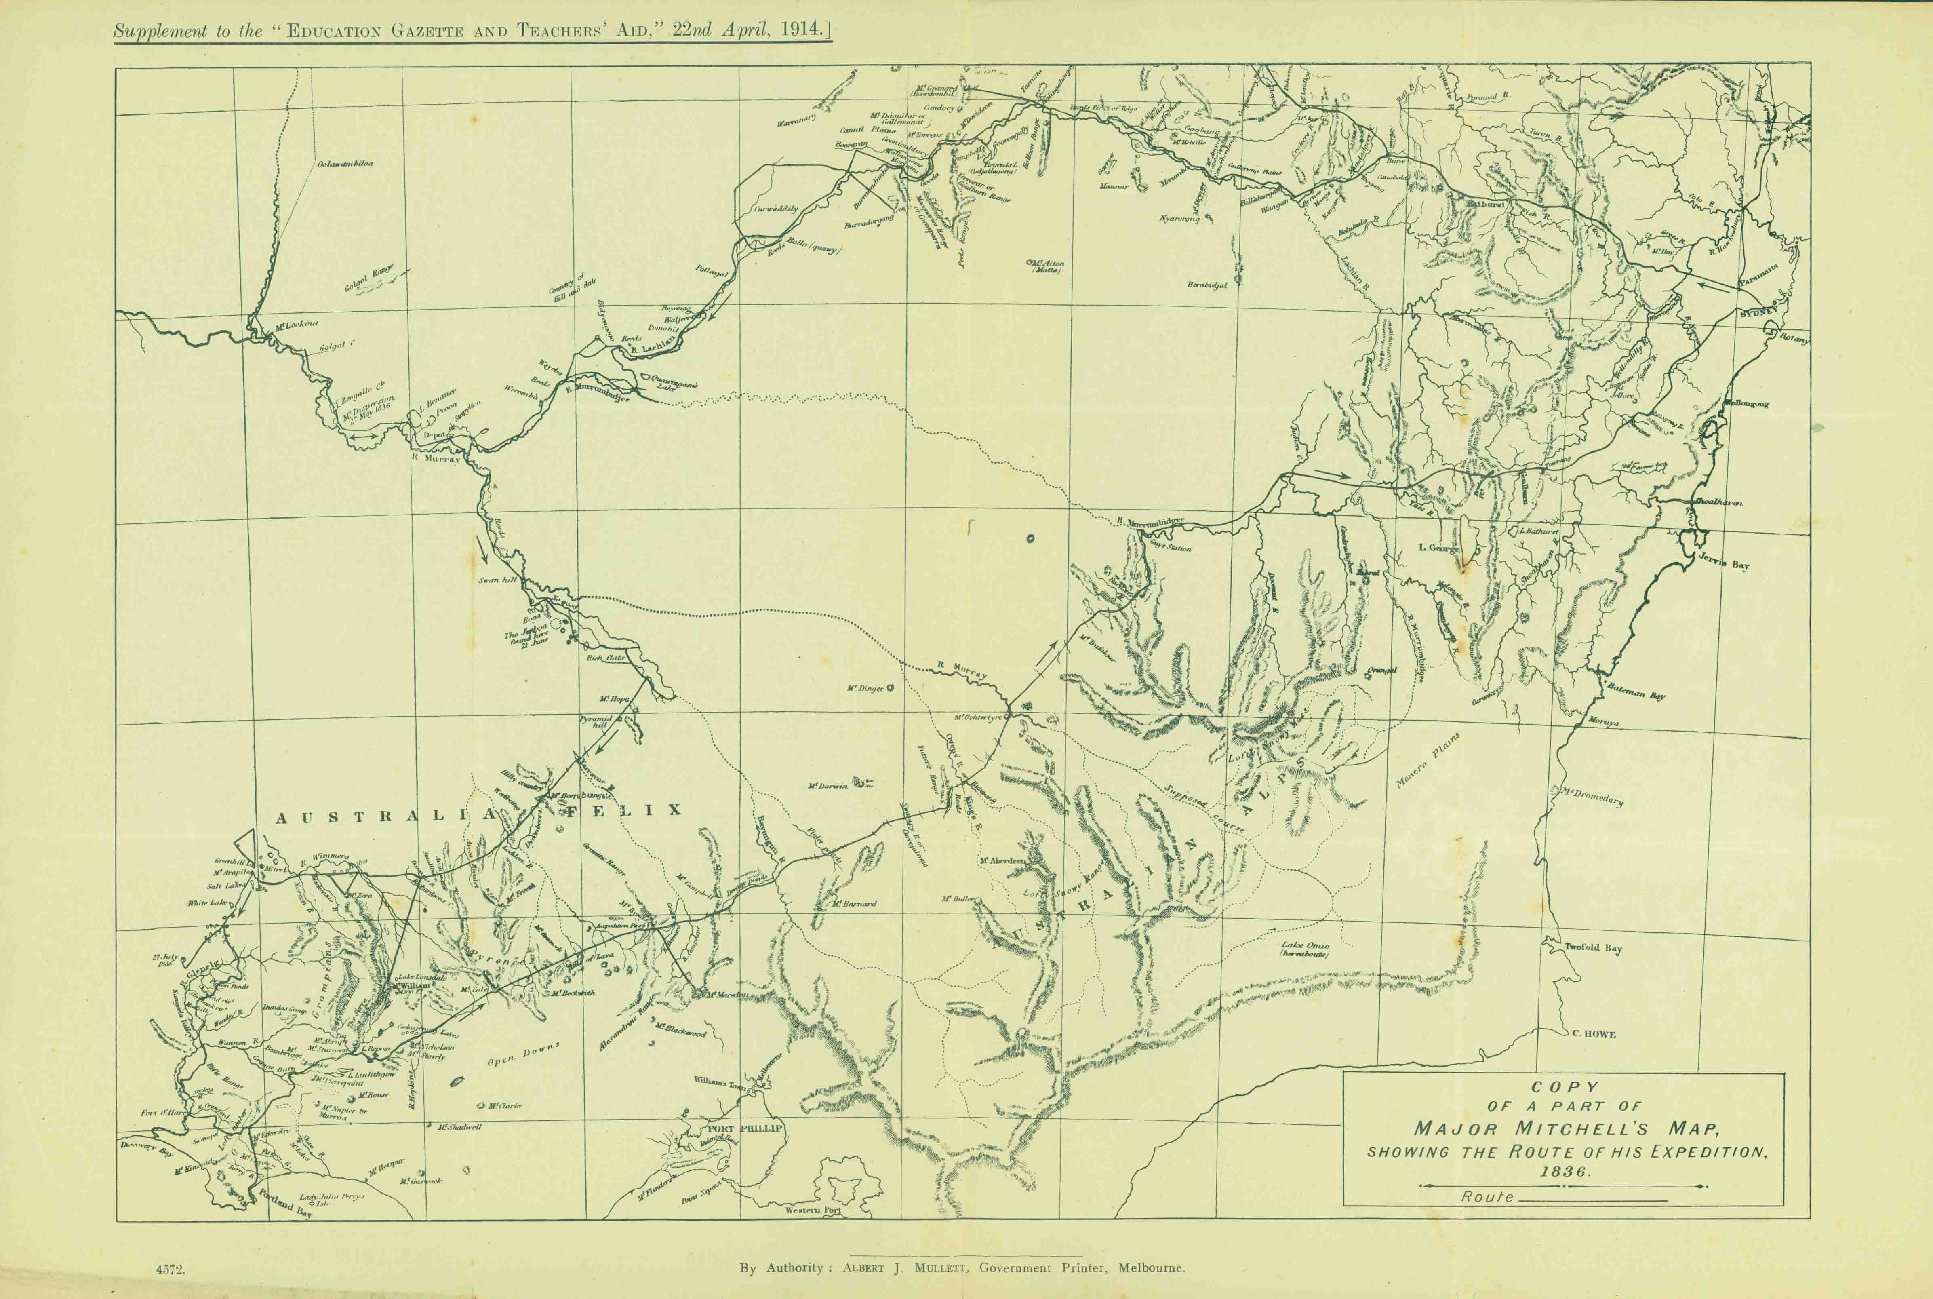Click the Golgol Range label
369,280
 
